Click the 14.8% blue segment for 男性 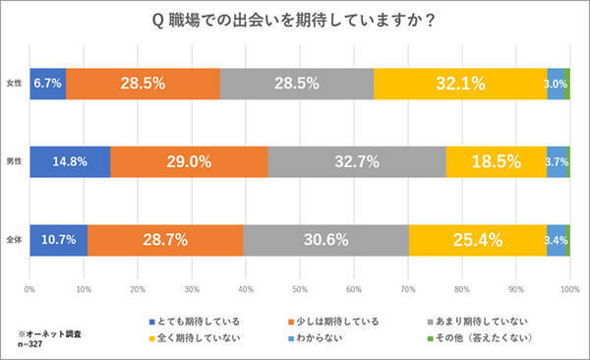pyautogui.click(x=70, y=161)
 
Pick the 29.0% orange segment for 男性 pyautogui.click(x=188, y=161)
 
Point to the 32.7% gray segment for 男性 pyautogui.click(x=356, y=161)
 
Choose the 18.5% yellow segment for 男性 pyautogui.click(x=496, y=161)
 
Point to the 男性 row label pyautogui.click(x=15, y=161)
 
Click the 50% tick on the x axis pyautogui.click(x=300, y=290)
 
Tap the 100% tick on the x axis pyautogui.click(x=568, y=290)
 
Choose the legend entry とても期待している pyautogui.click(x=196, y=321)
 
